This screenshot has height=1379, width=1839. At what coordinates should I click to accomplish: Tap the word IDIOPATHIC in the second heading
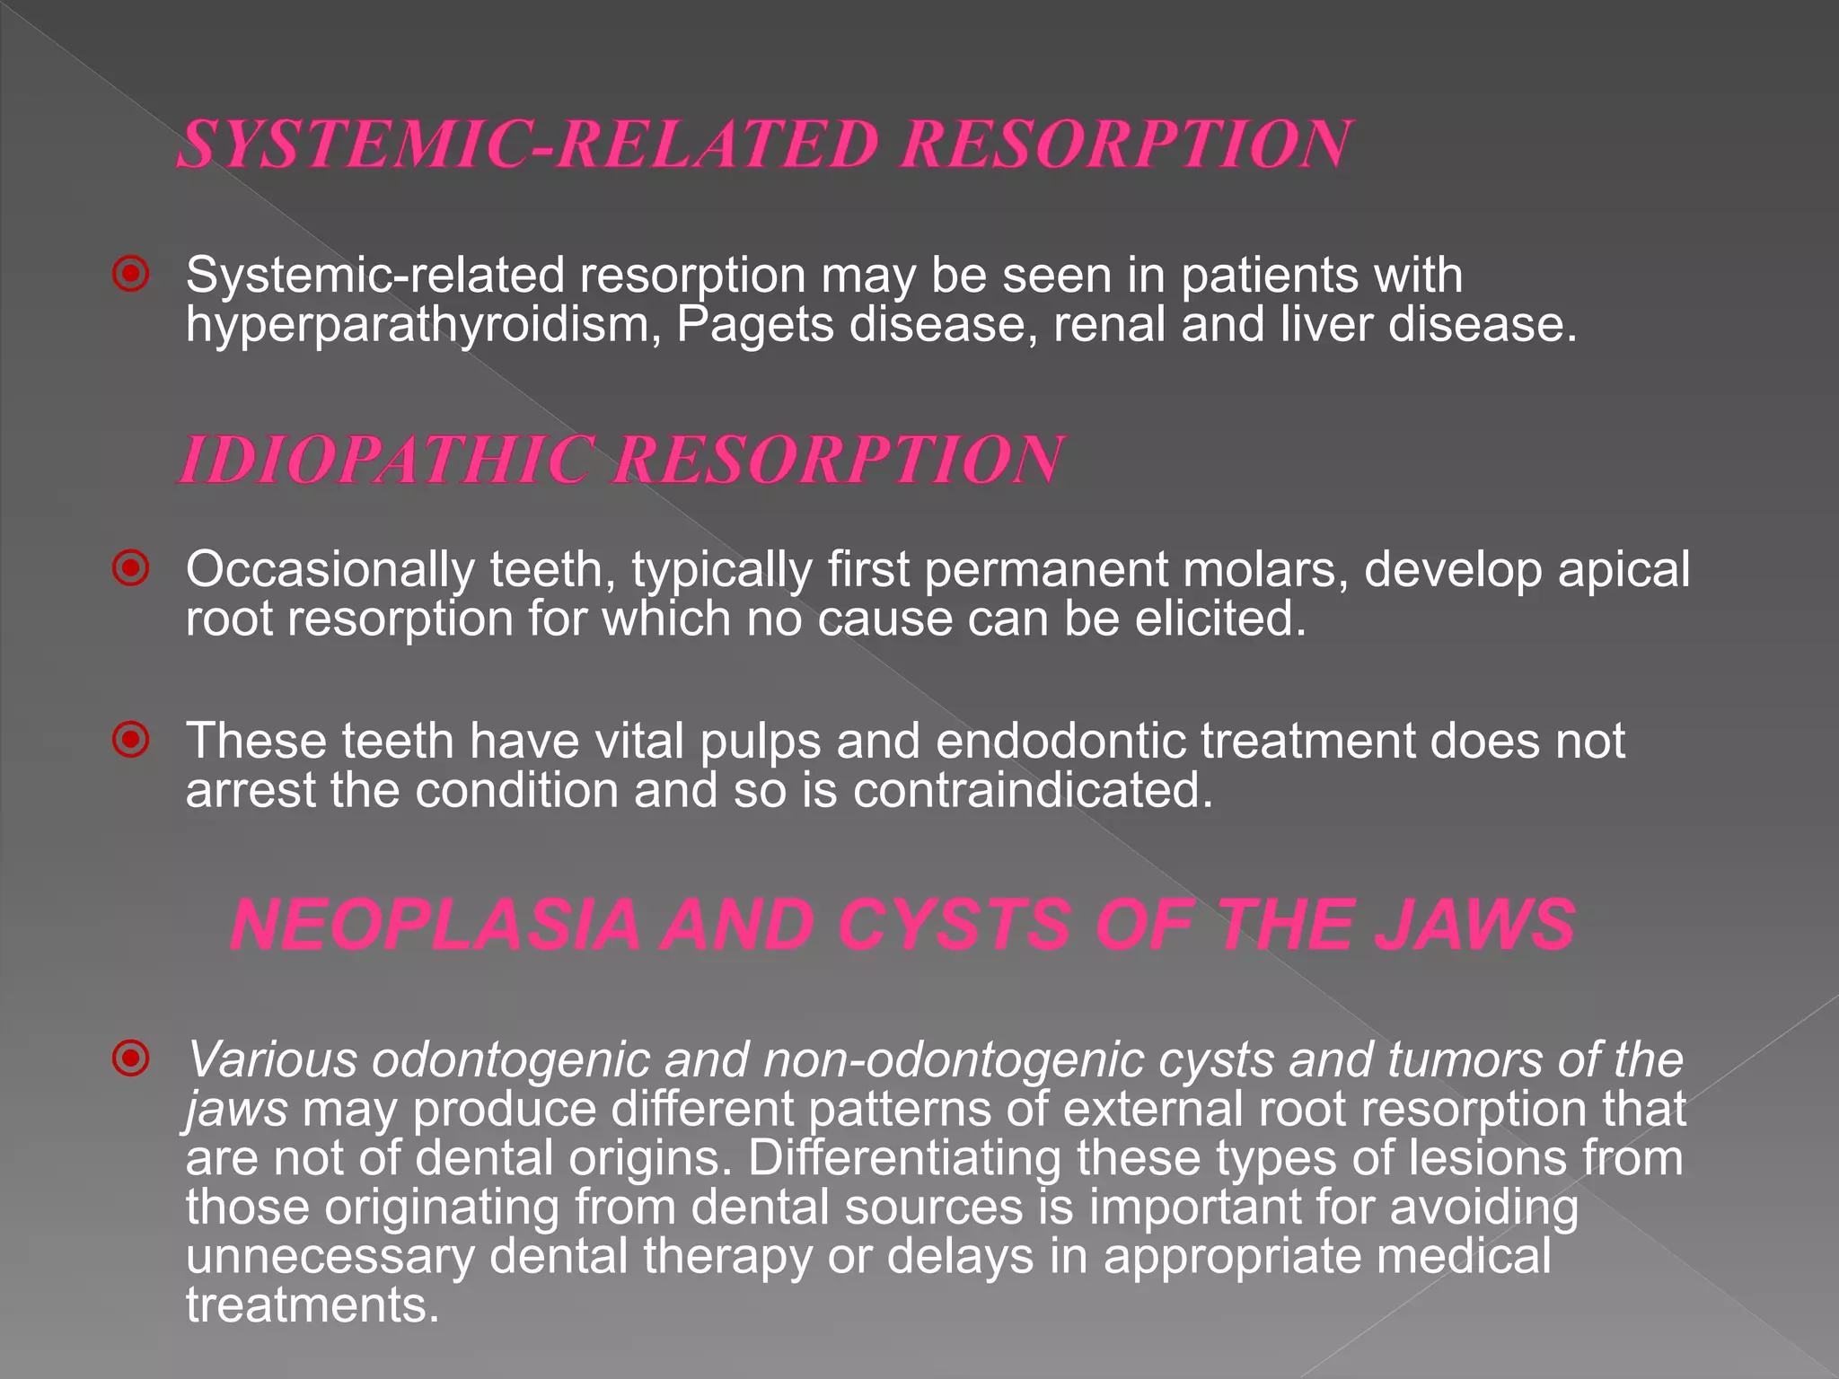tap(387, 460)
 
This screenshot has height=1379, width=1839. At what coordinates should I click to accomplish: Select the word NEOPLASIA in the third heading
tap(435, 926)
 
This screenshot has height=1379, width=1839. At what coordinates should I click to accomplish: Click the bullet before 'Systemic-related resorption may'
tap(131, 274)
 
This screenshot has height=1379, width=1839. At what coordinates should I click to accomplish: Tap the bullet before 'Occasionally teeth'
tap(131, 568)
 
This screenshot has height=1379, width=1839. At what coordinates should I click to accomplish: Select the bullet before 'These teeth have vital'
tap(131, 740)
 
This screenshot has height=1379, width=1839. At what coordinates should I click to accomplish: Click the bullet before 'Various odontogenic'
tap(131, 1058)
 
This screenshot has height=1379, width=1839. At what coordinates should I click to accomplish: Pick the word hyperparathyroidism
tap(423, 325)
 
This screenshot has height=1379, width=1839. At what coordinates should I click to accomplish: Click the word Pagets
tap(755, 325)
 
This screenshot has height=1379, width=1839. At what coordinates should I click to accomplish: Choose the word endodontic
tap(1059, 742)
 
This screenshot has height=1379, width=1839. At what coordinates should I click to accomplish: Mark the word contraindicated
tap(1032, 791)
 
